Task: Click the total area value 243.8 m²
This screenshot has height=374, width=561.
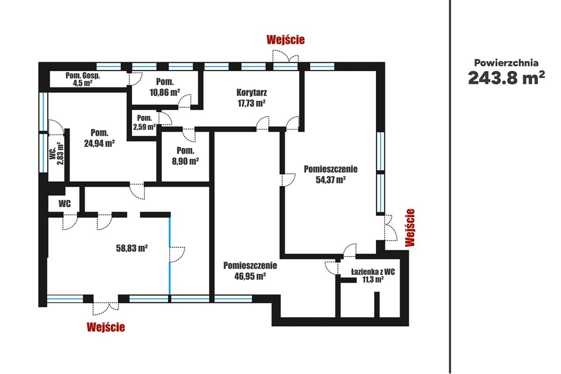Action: [507, 77]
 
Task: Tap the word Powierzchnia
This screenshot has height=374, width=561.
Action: [506, 63]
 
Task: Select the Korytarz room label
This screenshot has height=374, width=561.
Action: [251, 93]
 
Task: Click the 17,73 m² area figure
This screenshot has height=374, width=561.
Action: [251, 103]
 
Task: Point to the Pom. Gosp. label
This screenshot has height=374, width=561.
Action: [82, 76]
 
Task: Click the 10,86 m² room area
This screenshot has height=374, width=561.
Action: [164, 93]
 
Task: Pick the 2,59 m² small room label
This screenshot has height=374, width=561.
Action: [145, 127]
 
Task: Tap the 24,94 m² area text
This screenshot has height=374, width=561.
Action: [99, 144]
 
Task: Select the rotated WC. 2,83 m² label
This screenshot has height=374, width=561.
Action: [57, 153]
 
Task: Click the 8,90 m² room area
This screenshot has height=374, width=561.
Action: [185, 161]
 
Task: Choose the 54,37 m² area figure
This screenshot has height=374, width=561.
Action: [330, 179]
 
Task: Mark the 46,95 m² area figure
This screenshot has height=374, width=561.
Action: [250, 276]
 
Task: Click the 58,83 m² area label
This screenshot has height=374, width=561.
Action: [132, 248]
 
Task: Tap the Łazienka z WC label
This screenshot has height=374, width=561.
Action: [373, 272]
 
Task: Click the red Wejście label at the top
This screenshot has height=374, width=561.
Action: [286, 39]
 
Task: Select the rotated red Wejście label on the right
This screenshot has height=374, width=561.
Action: [410, 228]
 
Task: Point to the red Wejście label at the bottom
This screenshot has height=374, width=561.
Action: [105, 327]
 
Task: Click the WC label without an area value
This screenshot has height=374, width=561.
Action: [65, 204]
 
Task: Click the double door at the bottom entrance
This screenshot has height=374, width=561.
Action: [105, 308]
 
